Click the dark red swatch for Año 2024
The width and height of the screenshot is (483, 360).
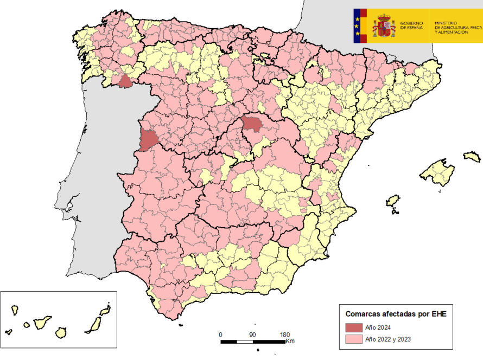coord(353,327)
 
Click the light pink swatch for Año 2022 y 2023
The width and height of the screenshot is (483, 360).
coord(353,340)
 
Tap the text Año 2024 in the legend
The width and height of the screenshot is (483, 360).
coord(378,327)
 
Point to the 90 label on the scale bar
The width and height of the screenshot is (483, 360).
coord(252,335)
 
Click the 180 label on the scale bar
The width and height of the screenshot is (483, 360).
coord(284,335)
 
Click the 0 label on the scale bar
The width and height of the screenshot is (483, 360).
coord(220,335)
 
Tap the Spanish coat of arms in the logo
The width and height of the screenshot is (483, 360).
coord(384,26)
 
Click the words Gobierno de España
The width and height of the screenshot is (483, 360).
coord(412,25)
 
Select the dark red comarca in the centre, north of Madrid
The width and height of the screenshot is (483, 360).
coord(251,124)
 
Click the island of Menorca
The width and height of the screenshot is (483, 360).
coord(472,157)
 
